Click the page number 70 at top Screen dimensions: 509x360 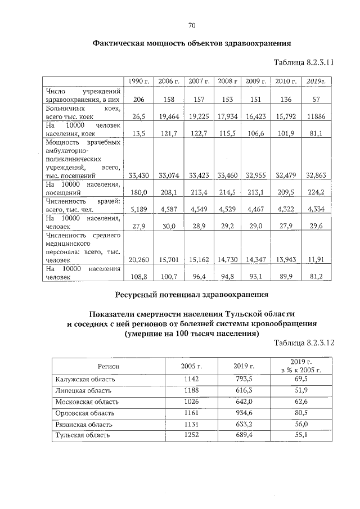[191, 25]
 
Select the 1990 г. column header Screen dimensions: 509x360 [138, 82]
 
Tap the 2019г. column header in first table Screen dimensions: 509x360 [316, 82]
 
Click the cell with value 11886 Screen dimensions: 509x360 [316, 116]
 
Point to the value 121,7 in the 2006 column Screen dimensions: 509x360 [168, 134]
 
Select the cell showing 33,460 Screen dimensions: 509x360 [228, 175]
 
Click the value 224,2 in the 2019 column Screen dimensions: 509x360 [316, 192]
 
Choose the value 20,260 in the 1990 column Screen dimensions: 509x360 [138, 259]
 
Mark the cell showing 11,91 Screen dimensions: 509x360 [316, 259]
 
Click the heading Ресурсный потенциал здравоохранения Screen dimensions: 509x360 [192, 294]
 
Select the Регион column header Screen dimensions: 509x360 [107, 366]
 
